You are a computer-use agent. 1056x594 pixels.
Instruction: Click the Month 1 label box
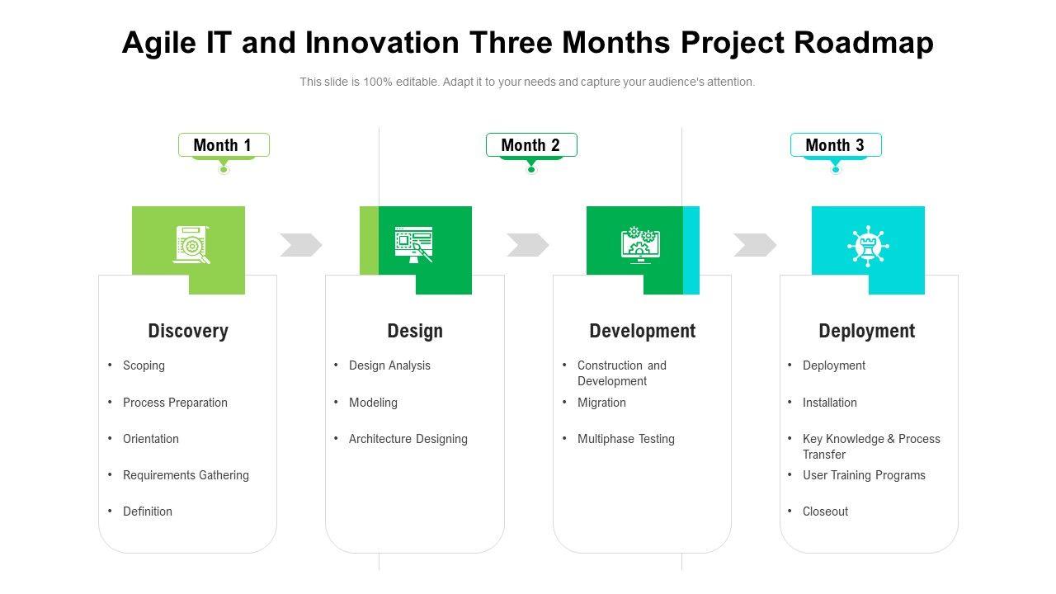click(x=224, y=144)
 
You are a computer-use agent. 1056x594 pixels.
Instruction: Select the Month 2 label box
click(x=531, y=144)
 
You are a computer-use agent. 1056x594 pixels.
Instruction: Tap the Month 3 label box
click(x=836, y=144)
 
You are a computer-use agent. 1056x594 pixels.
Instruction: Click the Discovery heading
click(x=188, y=331)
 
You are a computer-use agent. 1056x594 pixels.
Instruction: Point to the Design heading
click(x=415, y=331)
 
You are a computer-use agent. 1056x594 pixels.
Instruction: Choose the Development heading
click(x=643, y=331)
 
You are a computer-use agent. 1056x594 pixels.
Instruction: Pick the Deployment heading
click(x=867, y=331)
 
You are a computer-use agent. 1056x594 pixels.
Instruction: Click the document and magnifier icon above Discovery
click(x=191, y=245)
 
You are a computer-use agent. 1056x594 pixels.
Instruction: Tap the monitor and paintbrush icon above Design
click(x=414, y=245)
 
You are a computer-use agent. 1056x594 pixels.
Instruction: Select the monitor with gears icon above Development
click(x=641, y=245)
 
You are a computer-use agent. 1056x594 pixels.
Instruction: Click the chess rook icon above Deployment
click(x=868, y=246)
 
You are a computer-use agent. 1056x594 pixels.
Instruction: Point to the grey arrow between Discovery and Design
click(x=301, y=245)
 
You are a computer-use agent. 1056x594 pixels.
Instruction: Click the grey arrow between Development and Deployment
click(x=755, y=245)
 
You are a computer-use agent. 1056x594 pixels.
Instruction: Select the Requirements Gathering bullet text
click(x=186, y=475)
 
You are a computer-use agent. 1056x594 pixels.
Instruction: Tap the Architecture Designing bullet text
click(x=408, y=439)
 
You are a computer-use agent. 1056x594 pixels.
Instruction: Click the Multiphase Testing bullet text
click(x=626, y=439)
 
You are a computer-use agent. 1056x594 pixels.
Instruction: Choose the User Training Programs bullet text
click(x=864, y=475)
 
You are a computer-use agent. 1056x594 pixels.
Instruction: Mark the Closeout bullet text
click(x=826, y=511)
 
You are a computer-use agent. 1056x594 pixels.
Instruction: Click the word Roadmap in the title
click(x=864, y=42)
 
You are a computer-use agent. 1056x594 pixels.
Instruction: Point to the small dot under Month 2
click(x=531, y=169)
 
